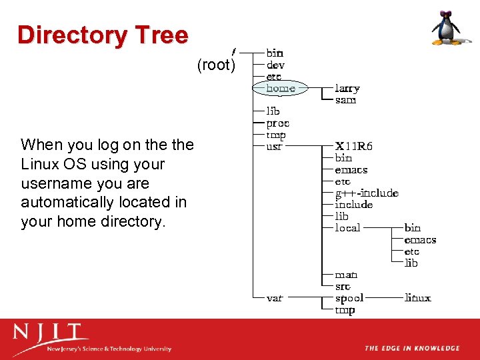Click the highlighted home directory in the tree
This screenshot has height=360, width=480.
[280, 88]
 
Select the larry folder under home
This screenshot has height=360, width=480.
[347, 88]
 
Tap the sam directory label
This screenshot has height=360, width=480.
[345, 100]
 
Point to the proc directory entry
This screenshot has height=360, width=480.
[277, 123]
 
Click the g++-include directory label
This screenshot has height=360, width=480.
[366, 193]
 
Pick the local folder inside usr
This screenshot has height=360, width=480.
[347, 228]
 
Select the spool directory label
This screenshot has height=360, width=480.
[349, 298]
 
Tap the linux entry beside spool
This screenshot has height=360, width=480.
[417, 298]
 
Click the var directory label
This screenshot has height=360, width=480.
[274, 298]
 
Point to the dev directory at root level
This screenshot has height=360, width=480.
[275, 65]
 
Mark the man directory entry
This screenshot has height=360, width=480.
[346, 275]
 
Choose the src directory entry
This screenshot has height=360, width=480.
[343, 286]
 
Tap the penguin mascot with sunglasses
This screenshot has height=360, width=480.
[446, 28]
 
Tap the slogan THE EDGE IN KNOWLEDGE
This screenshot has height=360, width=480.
[411, 348]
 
